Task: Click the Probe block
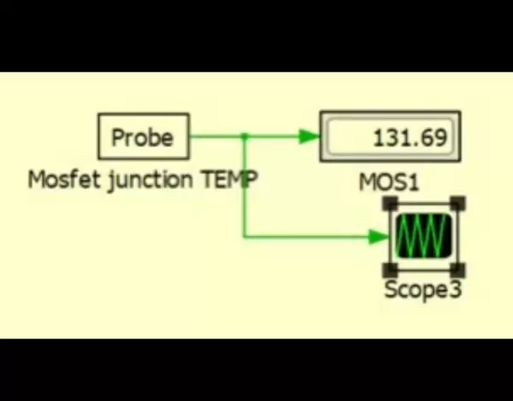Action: [x=143, y=137]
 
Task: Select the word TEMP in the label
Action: [x=229, y=180]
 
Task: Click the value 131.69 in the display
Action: [x=410, y=137]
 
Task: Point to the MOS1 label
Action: [x=390, y=182]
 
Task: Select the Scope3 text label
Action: [x=422, y=289]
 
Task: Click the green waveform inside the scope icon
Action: [x=423, y=235]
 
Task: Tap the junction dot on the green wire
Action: [x=245, y=136]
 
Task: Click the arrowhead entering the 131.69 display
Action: [x=309, y=136]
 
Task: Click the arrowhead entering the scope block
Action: [x=379, y=236]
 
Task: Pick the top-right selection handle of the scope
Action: [x=457, y=203]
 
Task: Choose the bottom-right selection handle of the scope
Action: [x=457, y=268]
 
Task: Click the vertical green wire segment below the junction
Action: [x=245, y=188]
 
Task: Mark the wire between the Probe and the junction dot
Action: [x=215, y=136]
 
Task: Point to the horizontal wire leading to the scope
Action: [x=308, y=236]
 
